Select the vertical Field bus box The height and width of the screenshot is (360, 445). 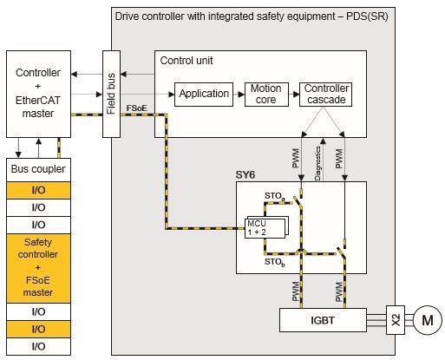[x=110, y=93]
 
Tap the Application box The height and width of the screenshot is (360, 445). [x=205, y=94]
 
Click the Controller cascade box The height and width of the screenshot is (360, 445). [x=326, y=94]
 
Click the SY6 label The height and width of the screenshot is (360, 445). [x=245, y=174]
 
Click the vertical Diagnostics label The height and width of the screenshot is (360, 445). [x=320, y=160]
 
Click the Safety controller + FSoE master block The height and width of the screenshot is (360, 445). [x=38, y=268]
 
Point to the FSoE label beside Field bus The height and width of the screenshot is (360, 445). [x=136, y=109]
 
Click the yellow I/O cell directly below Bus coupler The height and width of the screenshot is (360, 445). [x=38, y=188]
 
